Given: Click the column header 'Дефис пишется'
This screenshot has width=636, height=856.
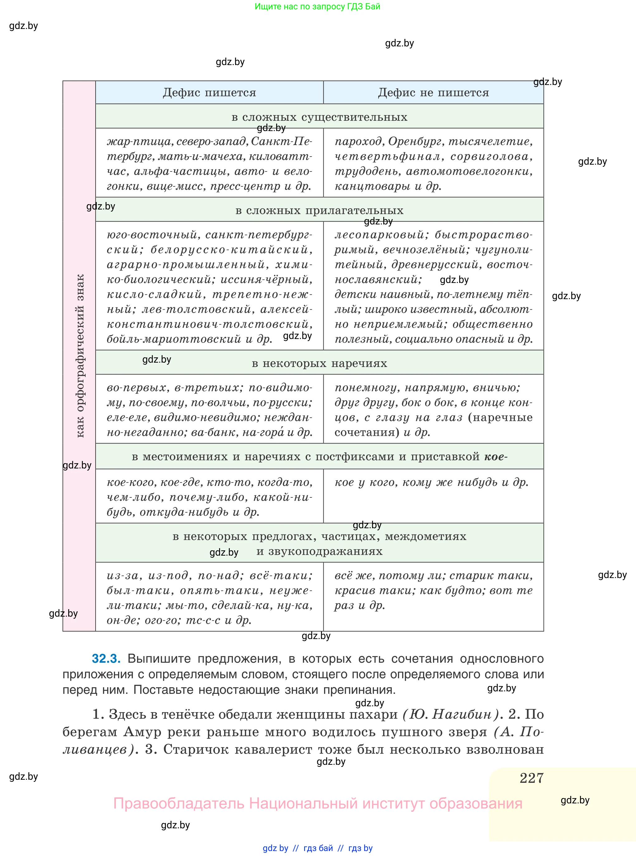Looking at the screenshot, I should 210,93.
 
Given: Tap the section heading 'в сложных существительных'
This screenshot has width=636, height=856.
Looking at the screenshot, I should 319,117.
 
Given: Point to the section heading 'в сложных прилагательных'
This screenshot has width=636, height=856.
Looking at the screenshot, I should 319,210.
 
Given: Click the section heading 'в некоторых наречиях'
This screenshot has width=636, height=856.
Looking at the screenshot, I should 319,363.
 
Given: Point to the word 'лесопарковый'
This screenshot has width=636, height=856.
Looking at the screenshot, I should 379,235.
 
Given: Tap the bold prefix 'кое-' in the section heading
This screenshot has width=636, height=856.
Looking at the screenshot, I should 496,457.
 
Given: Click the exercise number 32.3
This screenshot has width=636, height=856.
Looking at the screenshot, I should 106,659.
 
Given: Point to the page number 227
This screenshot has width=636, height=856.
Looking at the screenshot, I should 531,778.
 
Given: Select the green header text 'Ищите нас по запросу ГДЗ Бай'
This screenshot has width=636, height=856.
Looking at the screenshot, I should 317,7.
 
